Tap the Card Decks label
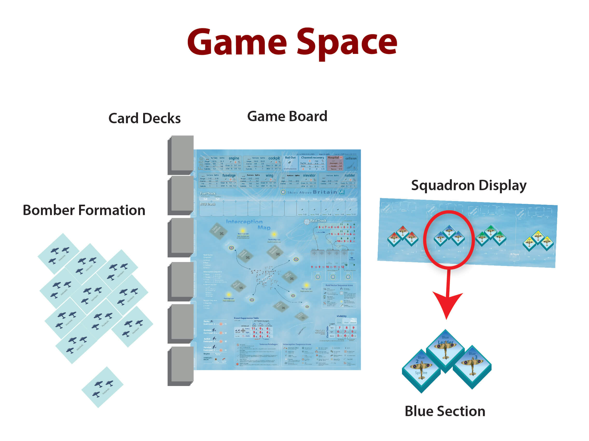tap(144, 118)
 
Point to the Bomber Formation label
tap(84, 210)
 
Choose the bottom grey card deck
tap(181, 365)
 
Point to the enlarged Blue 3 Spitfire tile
tap(472, 366)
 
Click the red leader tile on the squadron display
tap(402, 231)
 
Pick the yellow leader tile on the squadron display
tap(538, 237)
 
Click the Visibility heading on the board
tap(341, 316)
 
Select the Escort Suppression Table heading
tap(246, 318)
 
